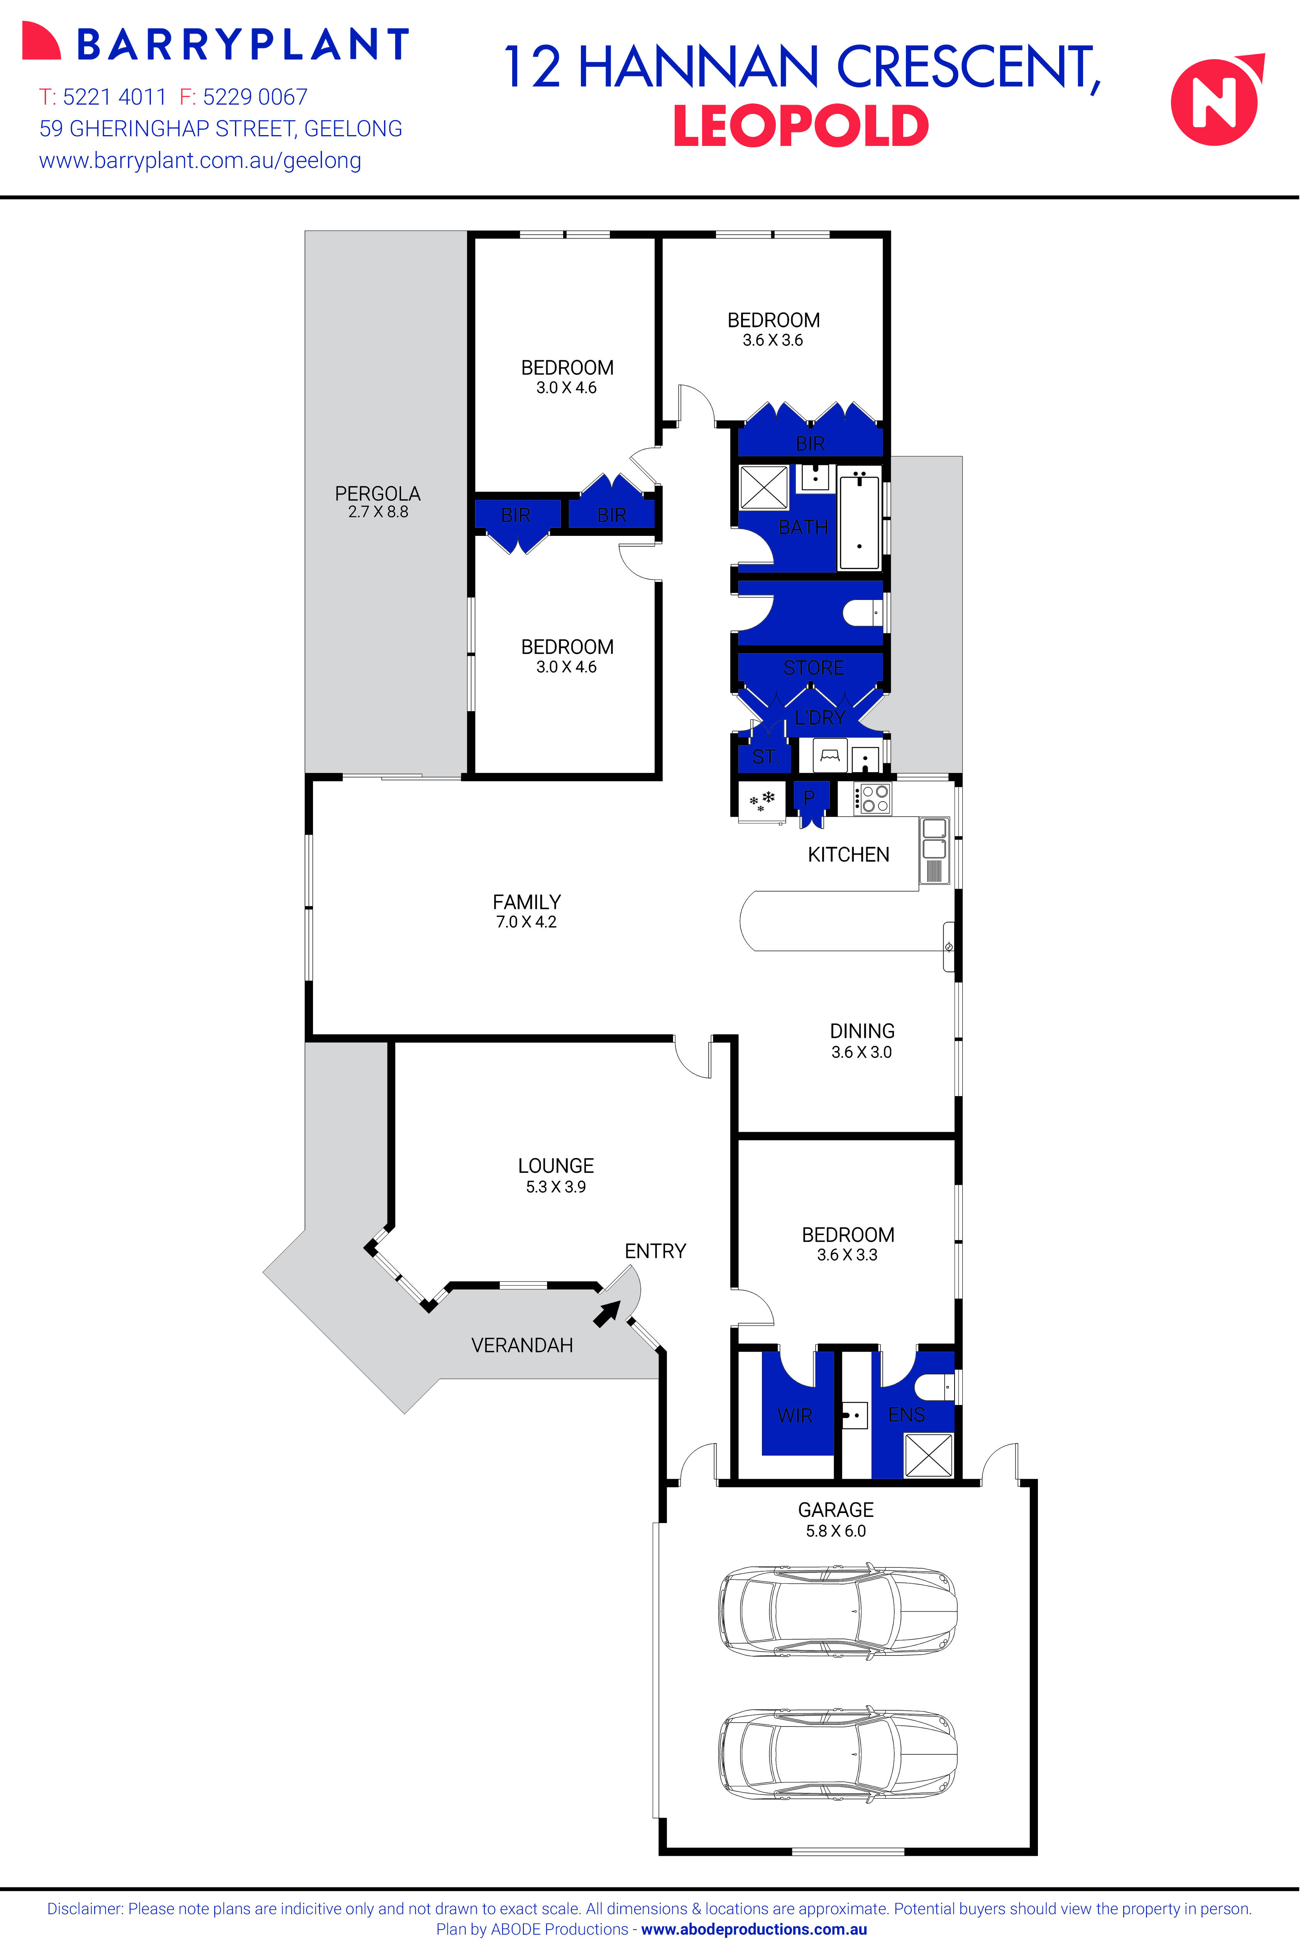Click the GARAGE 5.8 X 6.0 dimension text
tap(836, 1531)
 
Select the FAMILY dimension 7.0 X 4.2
tap(526, 922)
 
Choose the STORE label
tap(813, 668)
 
